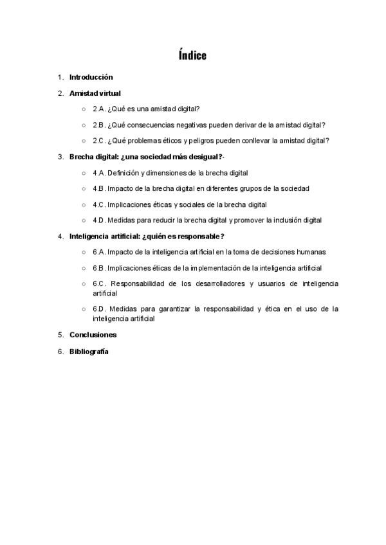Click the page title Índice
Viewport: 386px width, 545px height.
(x=193, y=55)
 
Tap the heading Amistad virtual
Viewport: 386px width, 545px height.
(x=95, y=93)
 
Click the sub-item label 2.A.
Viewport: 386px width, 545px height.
(x=99, y=109)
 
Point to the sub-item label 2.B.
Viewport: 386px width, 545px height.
(x=99, y=125)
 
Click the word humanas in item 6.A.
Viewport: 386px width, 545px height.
(x=312, y=252)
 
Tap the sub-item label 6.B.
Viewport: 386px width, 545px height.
(x=99, y=268)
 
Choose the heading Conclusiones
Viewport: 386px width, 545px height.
(x=93, y=335)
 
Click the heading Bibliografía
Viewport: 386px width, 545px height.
(x=89, y=352)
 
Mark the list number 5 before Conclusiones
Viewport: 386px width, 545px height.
(x=60, y=335)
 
